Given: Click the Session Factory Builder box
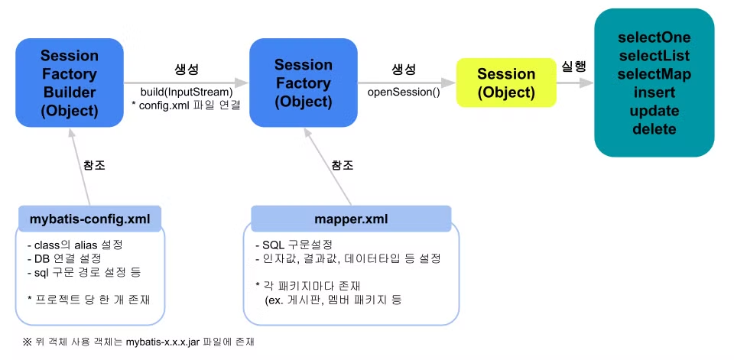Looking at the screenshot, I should click(x=70, y=83).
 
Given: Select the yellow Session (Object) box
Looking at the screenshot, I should click(x=505, y=83).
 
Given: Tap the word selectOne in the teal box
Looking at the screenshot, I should click(x=654, y=37).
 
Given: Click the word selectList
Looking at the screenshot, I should click(x=654, y=56).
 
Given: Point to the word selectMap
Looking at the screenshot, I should click(x=654, y=74).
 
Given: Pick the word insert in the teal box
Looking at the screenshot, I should click(x=654, y=92).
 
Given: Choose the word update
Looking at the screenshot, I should click(x=654, y=111).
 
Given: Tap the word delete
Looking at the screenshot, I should click(x=654, y=129).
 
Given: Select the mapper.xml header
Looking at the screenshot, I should click(x=351, y=219).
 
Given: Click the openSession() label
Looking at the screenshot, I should click(x=404, y=92).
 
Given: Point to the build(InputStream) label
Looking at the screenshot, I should click(x=187, y=91).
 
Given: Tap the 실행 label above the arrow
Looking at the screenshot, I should click(x=574, y=66).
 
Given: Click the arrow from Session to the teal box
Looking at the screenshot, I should click(x=574, y=83).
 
